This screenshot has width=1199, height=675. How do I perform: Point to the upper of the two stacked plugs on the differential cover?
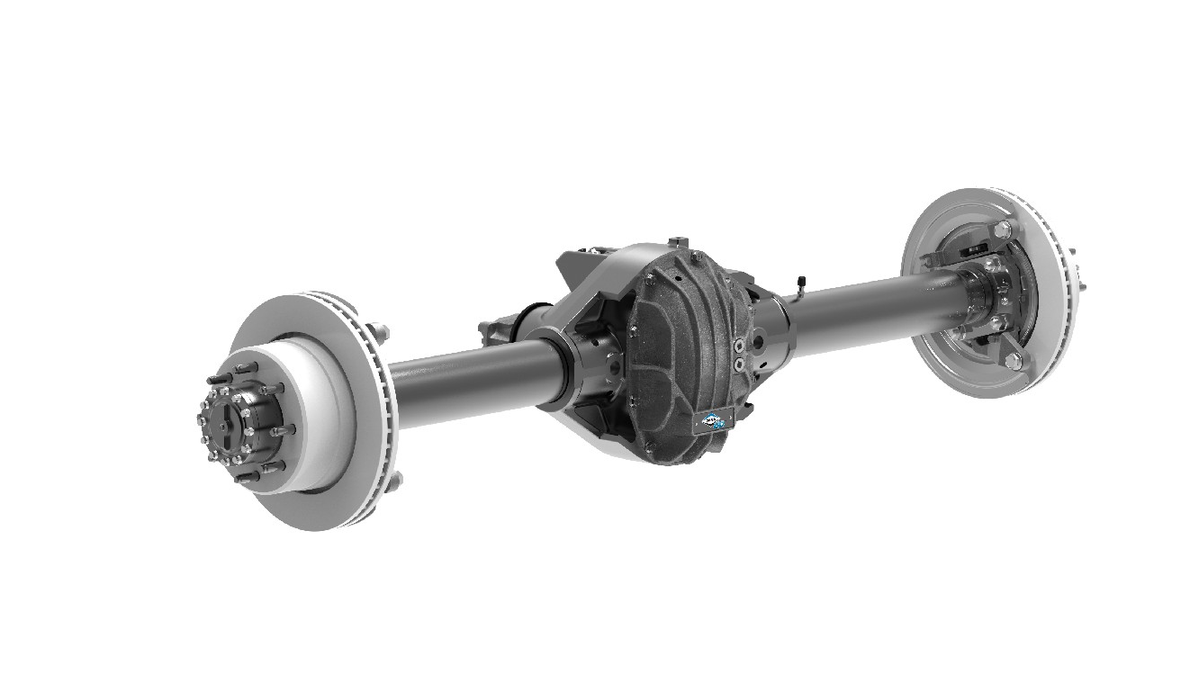739,346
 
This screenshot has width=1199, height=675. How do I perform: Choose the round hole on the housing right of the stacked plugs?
761,343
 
